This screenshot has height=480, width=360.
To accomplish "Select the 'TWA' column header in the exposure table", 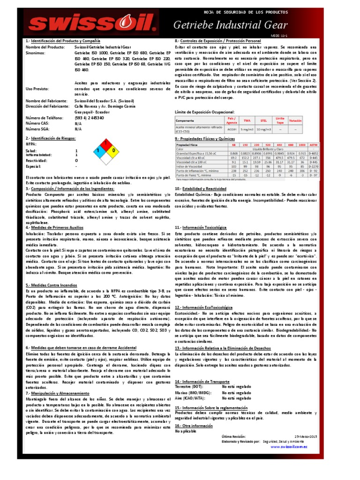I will tap(247, 121).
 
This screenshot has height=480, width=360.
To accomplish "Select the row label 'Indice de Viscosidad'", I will tap(190, 166).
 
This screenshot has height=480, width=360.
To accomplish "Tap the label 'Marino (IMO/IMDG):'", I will tap(193, 393).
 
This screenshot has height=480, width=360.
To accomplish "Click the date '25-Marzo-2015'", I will tap(306, 436).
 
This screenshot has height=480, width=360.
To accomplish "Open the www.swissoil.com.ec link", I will tap(289, 447).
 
